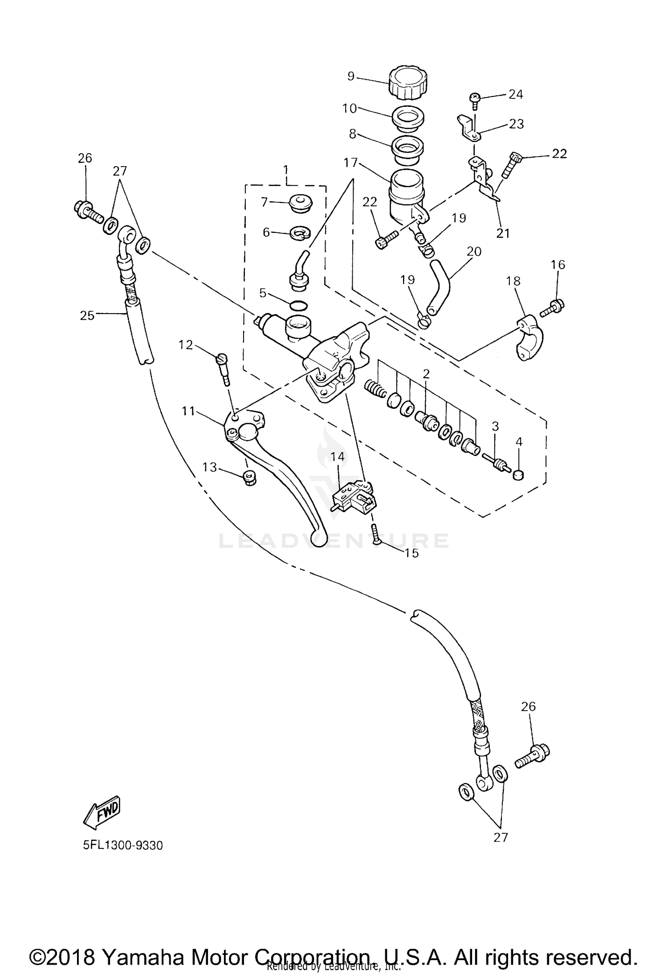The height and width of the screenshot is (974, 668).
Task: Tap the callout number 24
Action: [x=515, y=94]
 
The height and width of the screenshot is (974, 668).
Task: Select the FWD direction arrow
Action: [x=102, y=811]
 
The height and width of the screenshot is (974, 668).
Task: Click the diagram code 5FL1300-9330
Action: [x=123, y=845]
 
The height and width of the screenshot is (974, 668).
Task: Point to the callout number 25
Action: [x=87, y=315]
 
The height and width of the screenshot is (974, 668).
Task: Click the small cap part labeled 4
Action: [x=518, y=475]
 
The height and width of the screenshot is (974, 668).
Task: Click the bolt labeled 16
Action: [x=554, y=306]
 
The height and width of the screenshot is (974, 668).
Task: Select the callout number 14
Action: [x=338, y=456]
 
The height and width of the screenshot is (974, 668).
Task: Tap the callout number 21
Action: [x=503, y=233]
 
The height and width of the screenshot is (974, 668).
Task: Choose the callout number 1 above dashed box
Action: [x=285, y=169]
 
